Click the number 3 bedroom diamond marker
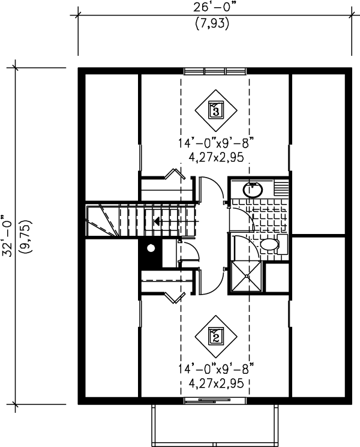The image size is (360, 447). click(x=216, y=110)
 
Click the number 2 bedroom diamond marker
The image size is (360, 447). click(x=216, y=336)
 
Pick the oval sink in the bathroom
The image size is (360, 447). click(x=253, y=190)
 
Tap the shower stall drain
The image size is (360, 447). click(x=245, y=275)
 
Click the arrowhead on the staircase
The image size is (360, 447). click(x=157, y=221)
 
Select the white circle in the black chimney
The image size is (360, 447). click(x=151, y=247)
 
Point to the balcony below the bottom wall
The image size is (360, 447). click(x=215, y=423)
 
